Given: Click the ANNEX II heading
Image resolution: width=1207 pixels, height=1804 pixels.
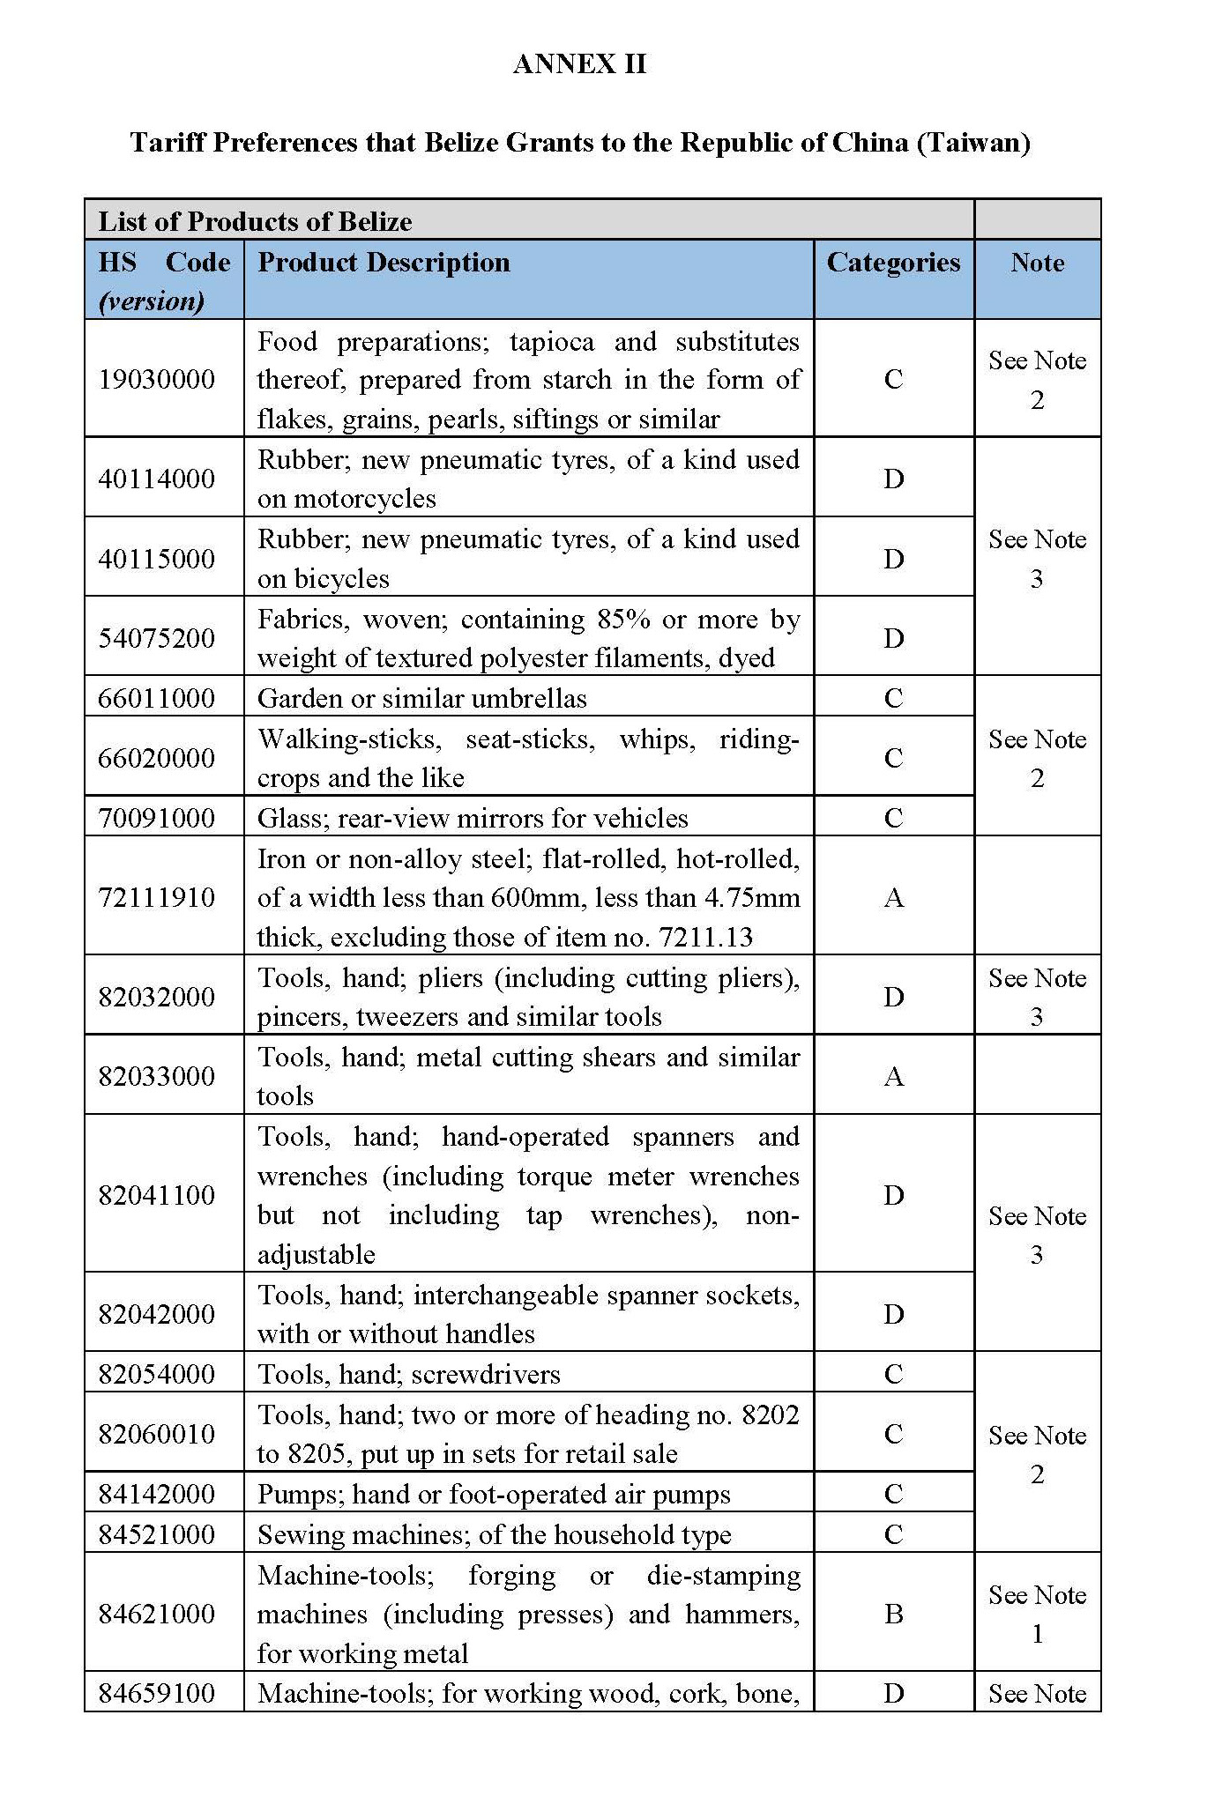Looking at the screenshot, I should (x=579, y=63).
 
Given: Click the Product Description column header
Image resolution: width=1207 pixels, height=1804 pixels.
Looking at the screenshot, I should (x=384, y=263).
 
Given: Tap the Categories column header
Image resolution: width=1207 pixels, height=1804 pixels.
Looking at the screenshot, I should (x=893, y=263).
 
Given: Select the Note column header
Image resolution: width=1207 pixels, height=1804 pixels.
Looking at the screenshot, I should (x=1037, y=263).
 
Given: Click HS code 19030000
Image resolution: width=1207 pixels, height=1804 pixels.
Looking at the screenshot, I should (x=157, y=380).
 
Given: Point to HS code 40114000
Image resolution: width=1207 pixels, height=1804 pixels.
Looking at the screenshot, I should (x=157, y=479).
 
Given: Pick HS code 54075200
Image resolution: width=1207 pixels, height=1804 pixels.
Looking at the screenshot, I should (x=157, y=638).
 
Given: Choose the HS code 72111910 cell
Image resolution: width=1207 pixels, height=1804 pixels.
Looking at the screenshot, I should (x=157, y=897).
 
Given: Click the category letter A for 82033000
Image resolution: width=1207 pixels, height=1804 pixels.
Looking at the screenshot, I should (x=893, y=1076).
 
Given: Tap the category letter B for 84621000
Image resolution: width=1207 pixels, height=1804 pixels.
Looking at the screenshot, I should (x=893, y=1614).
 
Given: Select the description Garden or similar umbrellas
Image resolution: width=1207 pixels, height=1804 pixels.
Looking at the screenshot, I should (x=422, y=699).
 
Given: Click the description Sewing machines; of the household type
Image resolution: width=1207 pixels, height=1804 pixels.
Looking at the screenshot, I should (x=495, y=1534).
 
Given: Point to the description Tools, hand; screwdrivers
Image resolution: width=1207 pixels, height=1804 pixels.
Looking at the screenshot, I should (x=409, y=1374).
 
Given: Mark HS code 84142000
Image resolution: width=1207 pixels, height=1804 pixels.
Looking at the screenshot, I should (x=157, y=1494).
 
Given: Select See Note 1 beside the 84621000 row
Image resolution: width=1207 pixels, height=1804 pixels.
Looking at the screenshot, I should (x=1037, y=1614).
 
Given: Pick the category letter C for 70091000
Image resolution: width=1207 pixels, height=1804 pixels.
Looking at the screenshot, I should (x=893, y=818).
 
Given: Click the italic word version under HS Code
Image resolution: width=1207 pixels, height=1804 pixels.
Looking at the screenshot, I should (x=152, y=301).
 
